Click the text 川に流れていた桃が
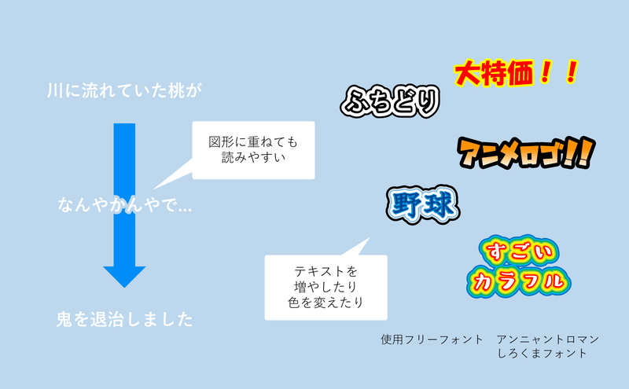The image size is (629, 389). point(124,90)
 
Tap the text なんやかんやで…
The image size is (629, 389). point(126,206)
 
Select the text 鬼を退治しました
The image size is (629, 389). point(124,320)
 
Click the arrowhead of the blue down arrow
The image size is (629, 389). point(124,274)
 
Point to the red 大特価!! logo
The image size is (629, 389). point(516,74)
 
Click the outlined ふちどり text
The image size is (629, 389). point(389,101)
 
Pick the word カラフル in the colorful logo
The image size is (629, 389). point(519,280)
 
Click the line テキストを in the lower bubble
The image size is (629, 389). point(325,270)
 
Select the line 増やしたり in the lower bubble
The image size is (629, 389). point(325,286)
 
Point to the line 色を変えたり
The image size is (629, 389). point(325,302)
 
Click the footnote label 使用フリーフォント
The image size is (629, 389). point(432,339)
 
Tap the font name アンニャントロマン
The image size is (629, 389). point(547,339)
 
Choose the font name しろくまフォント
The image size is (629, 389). point(542,354)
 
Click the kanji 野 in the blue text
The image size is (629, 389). point(406,205)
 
